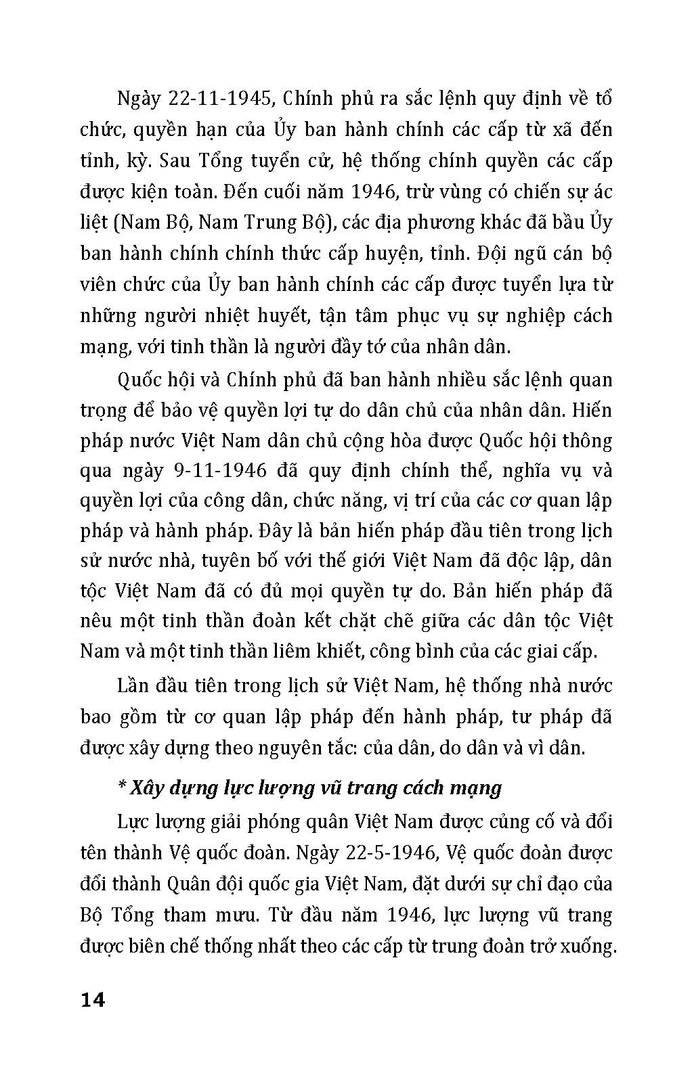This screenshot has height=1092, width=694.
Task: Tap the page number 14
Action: [x=93, y=999]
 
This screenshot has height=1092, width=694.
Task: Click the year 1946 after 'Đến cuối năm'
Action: [x=371, y=191]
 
